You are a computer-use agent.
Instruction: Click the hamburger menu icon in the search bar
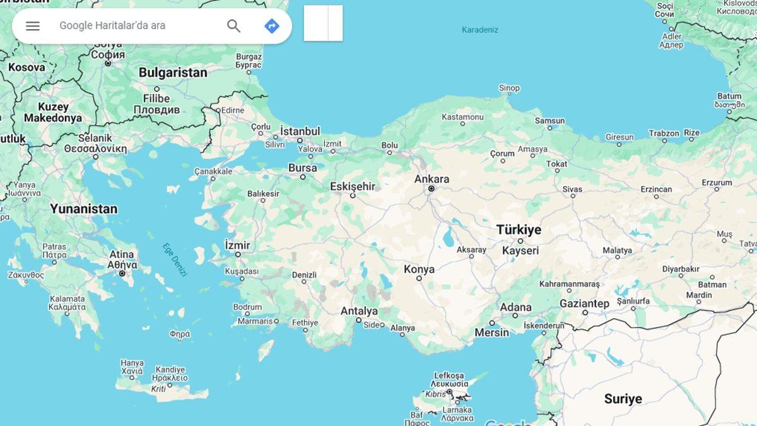[33, 26]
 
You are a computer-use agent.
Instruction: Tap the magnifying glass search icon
[234, 26]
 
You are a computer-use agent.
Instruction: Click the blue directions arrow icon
[272, 26]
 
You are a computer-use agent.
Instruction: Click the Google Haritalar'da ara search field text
[112, 26]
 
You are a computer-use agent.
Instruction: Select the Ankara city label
[431, 179]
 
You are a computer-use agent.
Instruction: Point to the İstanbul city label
[300, 131]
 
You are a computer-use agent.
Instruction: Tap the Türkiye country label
[519, 230]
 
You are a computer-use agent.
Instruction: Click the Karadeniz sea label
[480, 30]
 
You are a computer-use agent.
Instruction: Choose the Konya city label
[420, 269]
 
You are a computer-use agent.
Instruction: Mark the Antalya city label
[359, 311]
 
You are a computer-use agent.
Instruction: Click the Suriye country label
[623, 398]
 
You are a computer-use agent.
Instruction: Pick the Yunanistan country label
[84, 208]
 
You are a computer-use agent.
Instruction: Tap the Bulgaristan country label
[173, 73]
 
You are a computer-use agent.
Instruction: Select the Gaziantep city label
[584, 304]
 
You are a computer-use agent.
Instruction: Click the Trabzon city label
[664, 133]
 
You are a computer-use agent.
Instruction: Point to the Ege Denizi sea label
[175, 259]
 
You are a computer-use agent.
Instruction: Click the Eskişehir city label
[353, 186]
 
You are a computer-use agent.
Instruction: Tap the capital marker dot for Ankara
[431, 189]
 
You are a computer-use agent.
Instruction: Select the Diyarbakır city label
[681, 268]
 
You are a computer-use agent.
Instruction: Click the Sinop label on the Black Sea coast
[509, 88]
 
